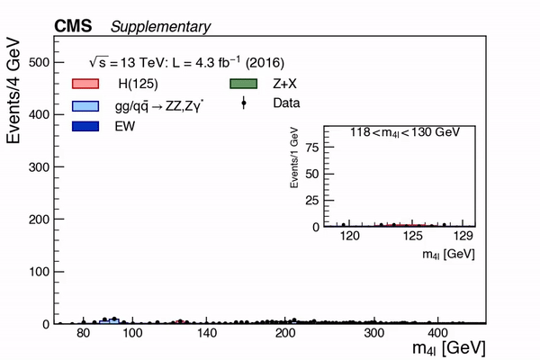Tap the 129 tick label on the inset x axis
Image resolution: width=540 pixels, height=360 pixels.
pyautogui.click(x=463, y=237)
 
